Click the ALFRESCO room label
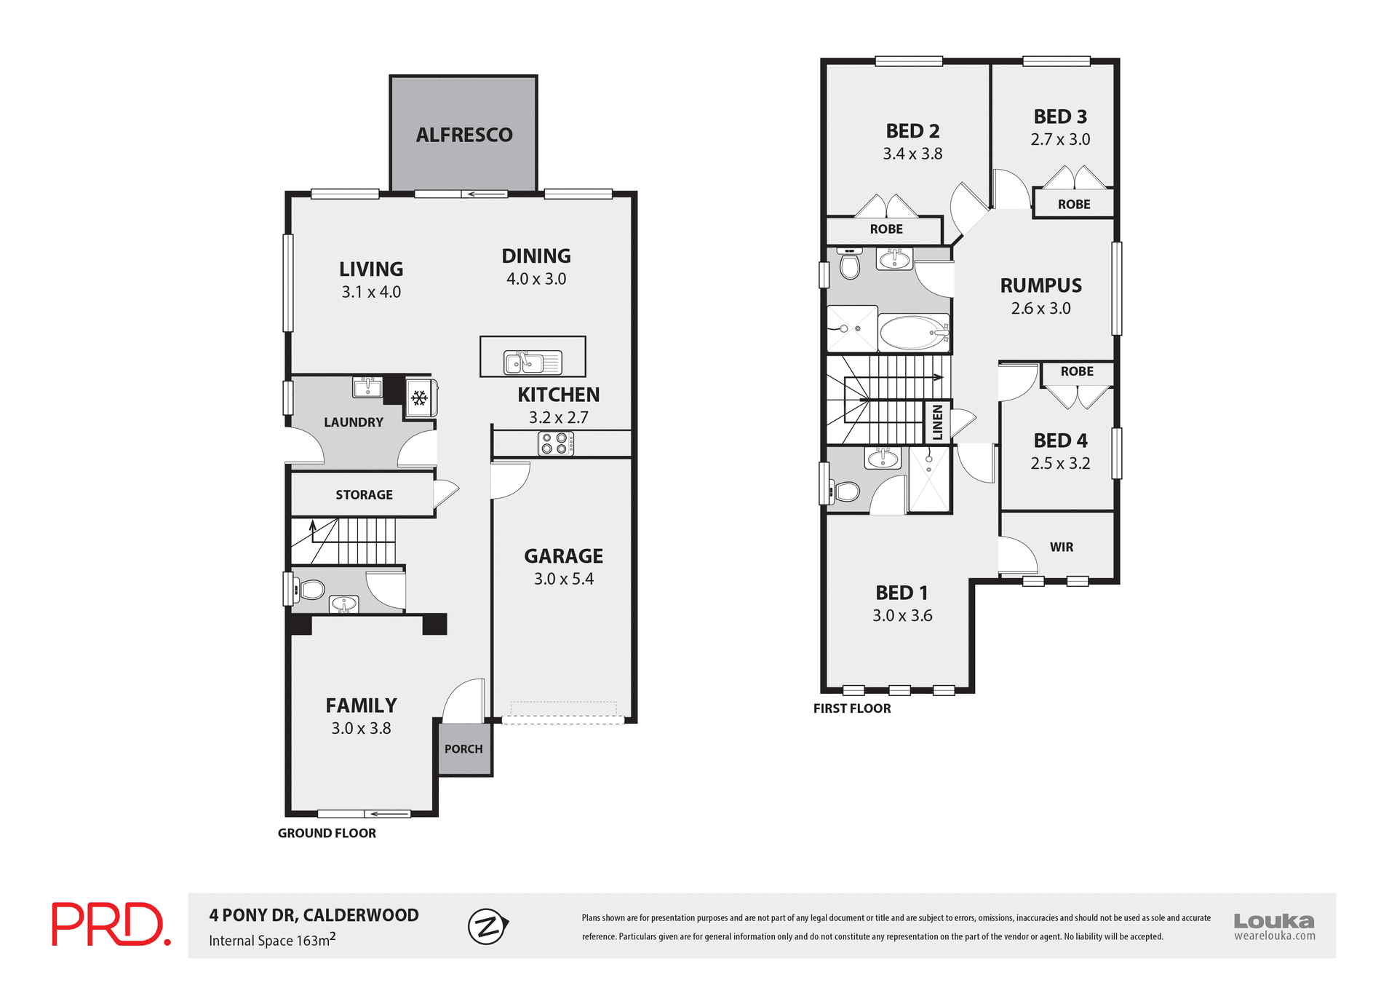coord(464,135)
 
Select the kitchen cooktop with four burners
coord(556,443)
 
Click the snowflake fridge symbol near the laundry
coord(419,398)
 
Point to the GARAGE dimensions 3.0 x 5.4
coord(563,579)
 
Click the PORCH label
coord(463,749)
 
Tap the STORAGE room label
coord(364,495)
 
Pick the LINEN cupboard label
coord(937,422)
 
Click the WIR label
coord(1061,548)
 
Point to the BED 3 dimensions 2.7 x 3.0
coord(1060,140)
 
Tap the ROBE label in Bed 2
coord(886,229)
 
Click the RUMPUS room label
coord(1040,285)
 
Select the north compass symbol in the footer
coord(487,927)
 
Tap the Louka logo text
coord(1273,921)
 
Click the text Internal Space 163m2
coord(272,941)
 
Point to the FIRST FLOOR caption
coord(851,708)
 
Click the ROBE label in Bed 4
coord(1077,372)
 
